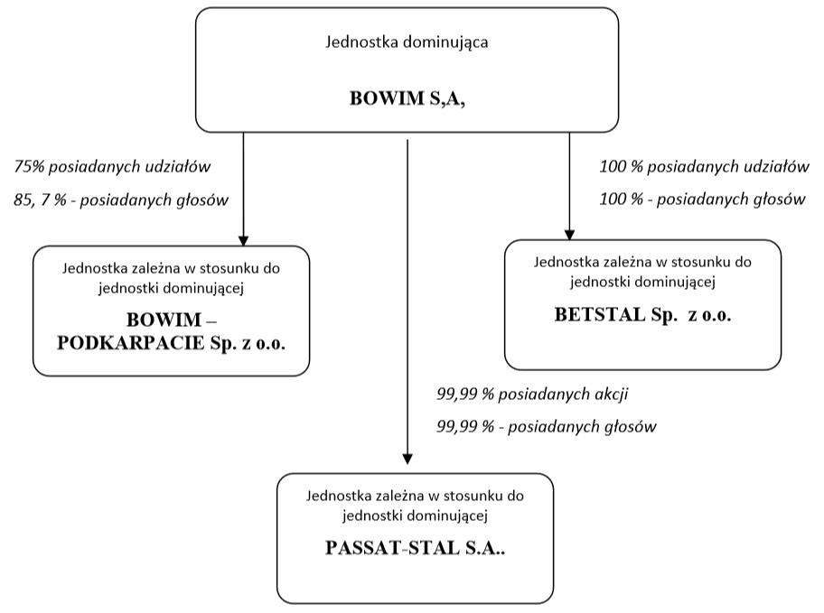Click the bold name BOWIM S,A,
click(x=407, y=98)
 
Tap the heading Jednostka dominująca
click(x=407, y=42)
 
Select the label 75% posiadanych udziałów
click(x=112, y=167)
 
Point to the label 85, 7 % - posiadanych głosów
click(x=121, y=200)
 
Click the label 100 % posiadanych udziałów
click(x=704, y=167)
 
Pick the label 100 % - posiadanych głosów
click(x=702, y=200)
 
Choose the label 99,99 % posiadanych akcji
click(x=532, y=395)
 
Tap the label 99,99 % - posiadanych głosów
click(x=546, y=426)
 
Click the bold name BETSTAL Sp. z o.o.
click(x=642, y=315)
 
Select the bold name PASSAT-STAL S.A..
click(x=415, y=548)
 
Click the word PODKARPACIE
click(x=131, y=343)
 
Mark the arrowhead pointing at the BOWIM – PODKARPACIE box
click(x=243, y=240)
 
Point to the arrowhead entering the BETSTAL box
click(x=569, y=234)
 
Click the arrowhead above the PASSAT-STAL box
click(x=407, y=459)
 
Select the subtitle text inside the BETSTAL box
click(x=642, y=272)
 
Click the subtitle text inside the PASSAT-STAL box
click(x=415, y=506)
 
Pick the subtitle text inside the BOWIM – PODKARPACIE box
click(x=172, y=278)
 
